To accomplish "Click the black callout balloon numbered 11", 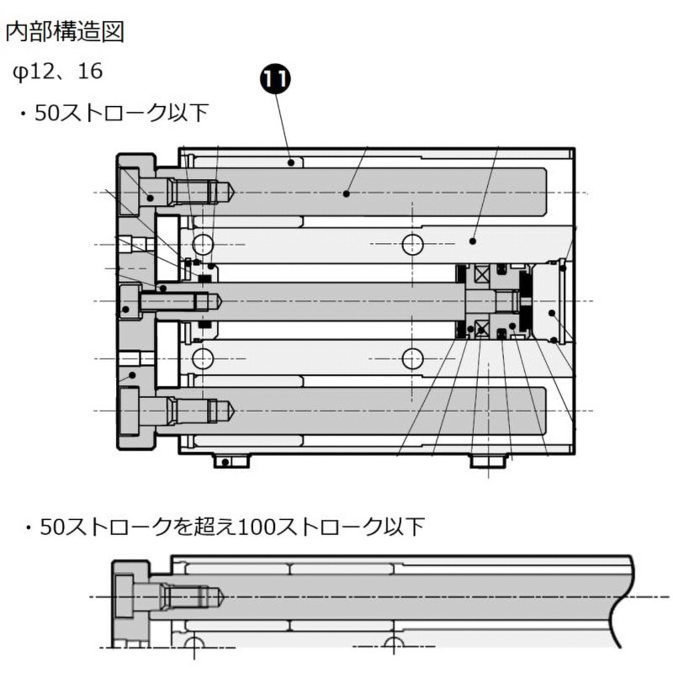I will (274, 79).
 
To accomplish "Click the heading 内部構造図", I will (65, 32).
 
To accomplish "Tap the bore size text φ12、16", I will (58, 72).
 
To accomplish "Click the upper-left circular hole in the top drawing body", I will (203, 244).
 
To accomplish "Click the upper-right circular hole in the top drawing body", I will (412, 244).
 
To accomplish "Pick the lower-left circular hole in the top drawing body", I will (203, 358).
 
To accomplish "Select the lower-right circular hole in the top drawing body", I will (412, 358).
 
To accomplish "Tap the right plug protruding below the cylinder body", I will (489, 461).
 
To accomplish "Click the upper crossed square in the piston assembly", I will (482, 274).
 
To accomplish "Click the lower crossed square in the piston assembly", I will (482, 327).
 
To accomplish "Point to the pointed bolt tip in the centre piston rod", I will (213, 300).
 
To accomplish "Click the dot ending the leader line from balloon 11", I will (291, 162).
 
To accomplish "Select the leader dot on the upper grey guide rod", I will (346, 193).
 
